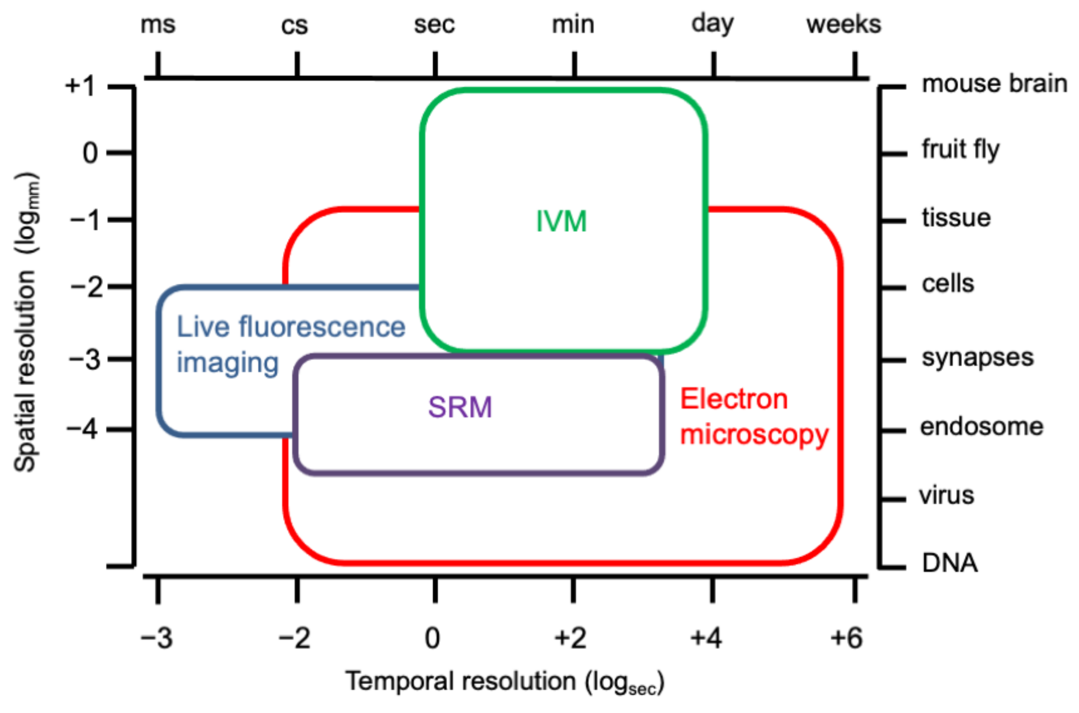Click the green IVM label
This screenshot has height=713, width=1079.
[562, 221]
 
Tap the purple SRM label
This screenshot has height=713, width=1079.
[460, 407]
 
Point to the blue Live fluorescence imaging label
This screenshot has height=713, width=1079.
[290, 344]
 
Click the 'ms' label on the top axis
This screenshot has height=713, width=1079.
[158, 25]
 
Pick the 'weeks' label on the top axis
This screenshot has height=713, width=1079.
[844, 25]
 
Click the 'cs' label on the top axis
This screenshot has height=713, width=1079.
[294, 26]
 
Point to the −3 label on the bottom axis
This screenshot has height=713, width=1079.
[157, 638]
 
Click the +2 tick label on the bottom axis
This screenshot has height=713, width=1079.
[570, 638]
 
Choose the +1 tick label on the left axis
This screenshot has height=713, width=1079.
[80, 85]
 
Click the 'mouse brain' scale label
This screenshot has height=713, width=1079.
[994, 84]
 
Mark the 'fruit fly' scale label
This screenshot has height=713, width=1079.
[961, 149]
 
